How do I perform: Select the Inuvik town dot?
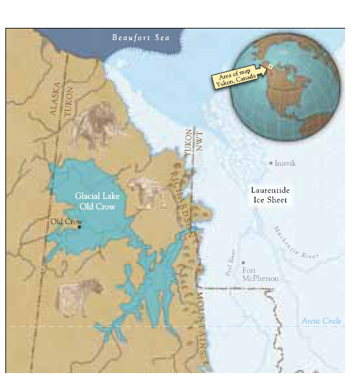[270, 163]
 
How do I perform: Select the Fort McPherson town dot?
[243, 262]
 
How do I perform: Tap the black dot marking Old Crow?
[79, 227]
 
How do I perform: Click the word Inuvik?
[285, 163]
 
